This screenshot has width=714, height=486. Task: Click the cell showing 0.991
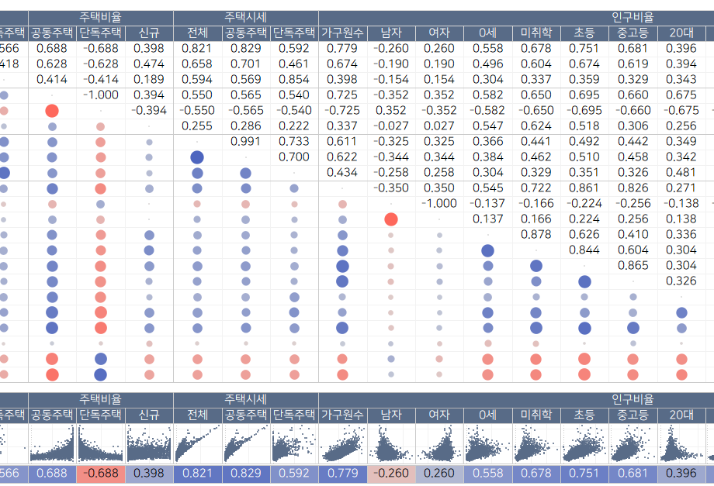[x=246, y=142]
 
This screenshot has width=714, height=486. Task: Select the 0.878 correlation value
[x=535, y=235]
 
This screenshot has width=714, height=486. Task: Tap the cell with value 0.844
[x=584, y=250]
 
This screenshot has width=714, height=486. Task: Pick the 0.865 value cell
[x=633, y=266]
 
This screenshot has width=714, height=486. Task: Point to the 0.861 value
[x=584, y=188]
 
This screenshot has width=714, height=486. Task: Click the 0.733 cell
[x=294, y=142]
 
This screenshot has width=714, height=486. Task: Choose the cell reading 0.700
[x=294, y=157]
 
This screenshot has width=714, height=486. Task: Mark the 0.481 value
[x=681, y=173]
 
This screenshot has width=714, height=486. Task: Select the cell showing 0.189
[x=149, y=80]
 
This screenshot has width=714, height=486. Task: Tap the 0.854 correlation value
[x=294, y=80]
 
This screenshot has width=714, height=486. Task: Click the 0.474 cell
[x=149, y=64]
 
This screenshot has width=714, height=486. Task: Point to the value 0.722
[x=535, y=188]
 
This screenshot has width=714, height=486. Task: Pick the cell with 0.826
[x=633, y=188]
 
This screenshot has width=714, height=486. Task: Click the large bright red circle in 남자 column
[x=391, y=219]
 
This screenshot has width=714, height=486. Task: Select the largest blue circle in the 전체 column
[x=197, y=157]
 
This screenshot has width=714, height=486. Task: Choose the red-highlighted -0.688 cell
[x=101, y=474]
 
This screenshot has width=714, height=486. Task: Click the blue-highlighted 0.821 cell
[x=197, y=474]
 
